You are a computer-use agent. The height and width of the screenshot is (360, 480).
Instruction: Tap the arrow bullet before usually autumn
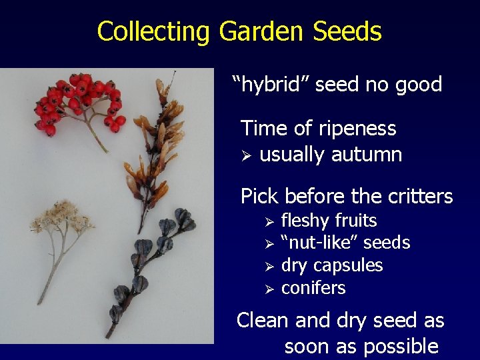pyautogui.click(x=245, y=155)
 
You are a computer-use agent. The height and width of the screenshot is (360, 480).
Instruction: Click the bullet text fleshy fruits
pyautogui.click(x=329, y=221)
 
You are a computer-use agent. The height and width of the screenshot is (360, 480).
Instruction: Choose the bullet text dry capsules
pyautogui.click(x=331, y=265)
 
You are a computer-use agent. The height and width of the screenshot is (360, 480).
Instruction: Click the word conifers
pyautogui.click(x=313, y=288)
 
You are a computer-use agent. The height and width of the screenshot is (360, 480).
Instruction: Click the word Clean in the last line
pyautogui.click(x=263, y=321)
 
